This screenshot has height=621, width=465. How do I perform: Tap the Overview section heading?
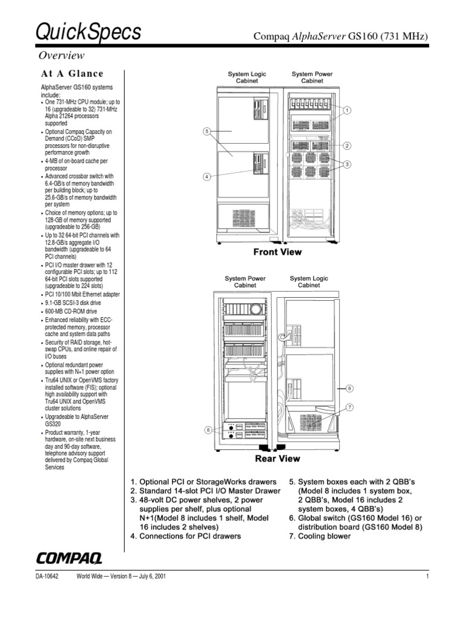(x=61, y=56)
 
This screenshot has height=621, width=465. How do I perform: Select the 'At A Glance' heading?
(x=72, y=74)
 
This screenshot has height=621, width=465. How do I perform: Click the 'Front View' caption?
(x=277, y=252)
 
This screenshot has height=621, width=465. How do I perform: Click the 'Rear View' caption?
(x=277, y=459)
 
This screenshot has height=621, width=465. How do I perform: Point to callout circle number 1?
(x=348, y=111)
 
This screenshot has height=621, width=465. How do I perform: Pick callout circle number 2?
(x=348, y=146)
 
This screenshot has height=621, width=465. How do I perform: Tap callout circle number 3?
(x=348, y=164)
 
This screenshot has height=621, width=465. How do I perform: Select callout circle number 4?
(x=206, y=177)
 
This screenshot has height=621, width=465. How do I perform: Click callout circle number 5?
(x=206, y=131)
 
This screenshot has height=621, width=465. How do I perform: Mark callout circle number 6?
(x=349, y=388)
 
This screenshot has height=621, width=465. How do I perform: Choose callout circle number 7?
(x=349, y=407)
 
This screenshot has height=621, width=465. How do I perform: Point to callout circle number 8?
(x=206, y=430)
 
